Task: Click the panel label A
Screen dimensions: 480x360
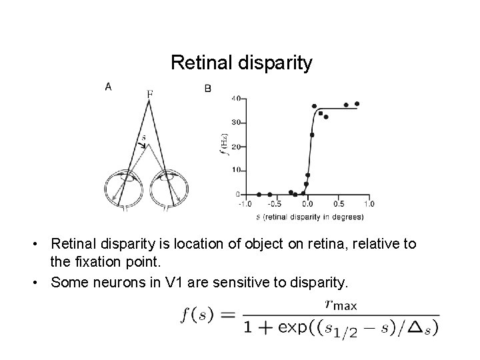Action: (x=109, y=86)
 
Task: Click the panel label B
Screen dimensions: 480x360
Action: (x=208, y=87)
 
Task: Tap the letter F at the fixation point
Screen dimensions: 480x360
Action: (x=150, y=95)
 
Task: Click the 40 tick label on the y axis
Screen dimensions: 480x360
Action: (x=235, y=99)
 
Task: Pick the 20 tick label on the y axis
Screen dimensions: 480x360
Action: (x=235, y=147)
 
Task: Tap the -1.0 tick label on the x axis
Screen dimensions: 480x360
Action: (x=245, y=203)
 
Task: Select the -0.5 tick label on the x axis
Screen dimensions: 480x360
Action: (x=275, y=203)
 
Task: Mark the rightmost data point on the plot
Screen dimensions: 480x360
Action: (x=357, y=103)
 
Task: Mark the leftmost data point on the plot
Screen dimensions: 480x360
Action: (x=259, y=194)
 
